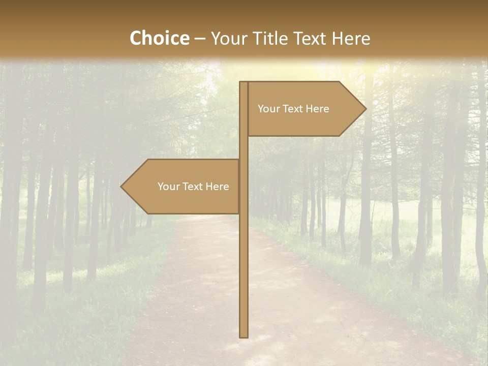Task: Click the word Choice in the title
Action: (159, 38)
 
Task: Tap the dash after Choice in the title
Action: (200, 39)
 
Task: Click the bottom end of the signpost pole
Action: (243, 335)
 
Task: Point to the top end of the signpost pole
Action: (243, 83)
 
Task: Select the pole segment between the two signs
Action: (243, 148)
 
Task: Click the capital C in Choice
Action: (135, 38)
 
